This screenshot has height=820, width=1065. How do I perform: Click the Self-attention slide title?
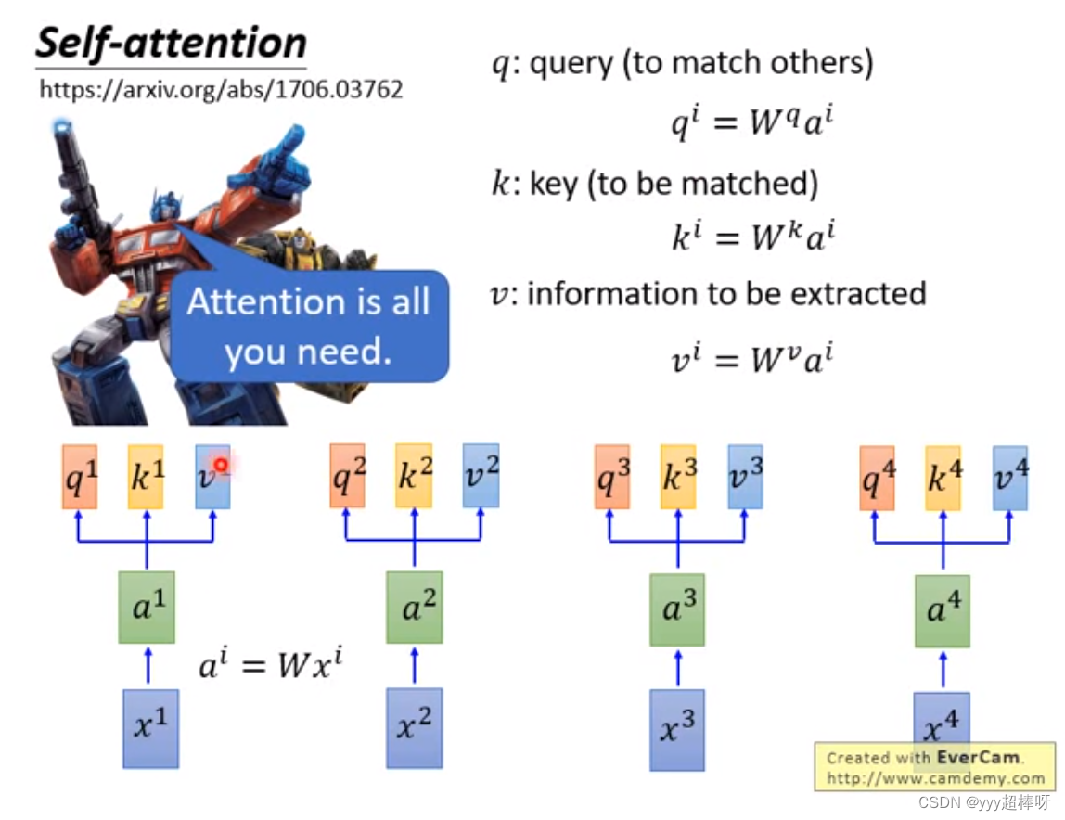click(x=171, y=44)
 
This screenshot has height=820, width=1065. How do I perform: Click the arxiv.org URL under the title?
click(x=221, y=90)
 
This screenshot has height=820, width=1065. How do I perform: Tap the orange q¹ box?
click(x=80, y=477)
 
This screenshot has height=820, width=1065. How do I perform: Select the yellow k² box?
click(x=414, y=476)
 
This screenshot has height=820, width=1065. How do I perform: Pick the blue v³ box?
click(x=745, y=477)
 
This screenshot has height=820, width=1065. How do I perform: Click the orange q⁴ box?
click(x=877, y=478)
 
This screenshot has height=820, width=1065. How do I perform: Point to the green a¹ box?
click(x=147, y=607)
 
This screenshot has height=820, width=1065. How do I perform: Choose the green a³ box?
click(x=677, y=609)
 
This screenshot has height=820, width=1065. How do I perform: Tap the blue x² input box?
click(x=415, y=727)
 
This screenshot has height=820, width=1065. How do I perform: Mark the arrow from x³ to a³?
click(x=677, y=668)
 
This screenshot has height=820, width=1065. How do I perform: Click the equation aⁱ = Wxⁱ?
click(x=271, y=665)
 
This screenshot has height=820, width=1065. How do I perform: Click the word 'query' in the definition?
click(x=571, y=64)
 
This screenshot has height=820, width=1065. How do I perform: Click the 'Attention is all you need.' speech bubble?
click(x=308, y=327)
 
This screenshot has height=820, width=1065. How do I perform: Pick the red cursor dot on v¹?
click(x=221, y=465)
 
